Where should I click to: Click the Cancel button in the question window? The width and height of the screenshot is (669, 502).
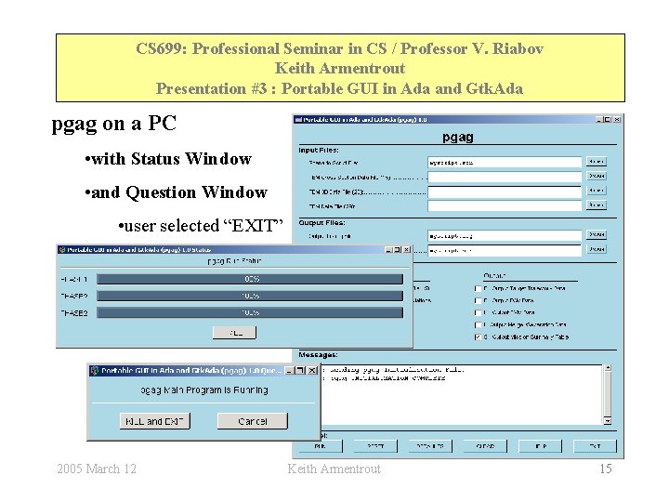pos(252,421)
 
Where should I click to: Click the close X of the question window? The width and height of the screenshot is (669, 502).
pos(311,371)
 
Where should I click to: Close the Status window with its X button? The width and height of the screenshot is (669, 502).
pos(406,249)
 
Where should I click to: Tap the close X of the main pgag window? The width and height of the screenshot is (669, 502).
pos(617,119)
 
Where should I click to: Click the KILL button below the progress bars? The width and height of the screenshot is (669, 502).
pos(234,332)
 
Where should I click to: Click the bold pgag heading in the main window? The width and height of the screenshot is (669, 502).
pos(457,137)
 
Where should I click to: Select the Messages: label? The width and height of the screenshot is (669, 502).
pos(318,354)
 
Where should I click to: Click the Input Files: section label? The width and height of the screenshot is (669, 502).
pos(320,150)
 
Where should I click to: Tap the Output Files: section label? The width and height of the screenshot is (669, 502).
pos(321,222)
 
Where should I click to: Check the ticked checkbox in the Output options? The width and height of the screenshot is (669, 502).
pos(478,337)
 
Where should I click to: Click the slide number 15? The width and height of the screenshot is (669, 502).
pos(605,469)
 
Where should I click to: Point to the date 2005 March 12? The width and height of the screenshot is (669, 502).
pos(97,469)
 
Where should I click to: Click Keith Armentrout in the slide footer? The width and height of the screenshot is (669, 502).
pos(334,469)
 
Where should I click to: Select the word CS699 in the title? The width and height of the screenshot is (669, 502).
pos(158,48)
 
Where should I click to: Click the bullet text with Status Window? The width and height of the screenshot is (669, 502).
pos(172,159)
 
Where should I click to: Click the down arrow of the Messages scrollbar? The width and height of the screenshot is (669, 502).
pos(608,420)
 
